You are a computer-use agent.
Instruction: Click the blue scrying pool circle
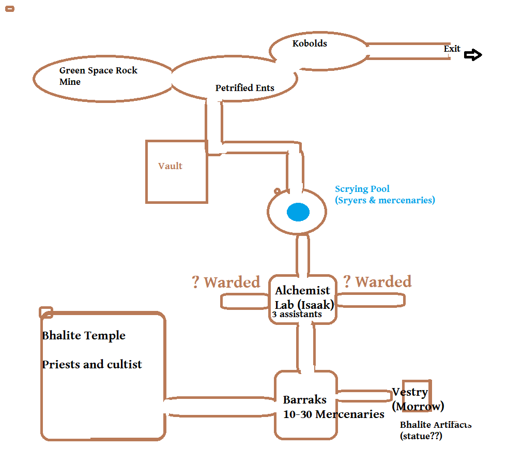click(298, 212)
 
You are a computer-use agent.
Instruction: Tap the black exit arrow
click(472, 55)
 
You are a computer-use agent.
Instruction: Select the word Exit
click(452, 49)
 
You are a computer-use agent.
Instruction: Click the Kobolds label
click(310, 43)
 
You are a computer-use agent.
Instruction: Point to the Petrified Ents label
click(244, 88)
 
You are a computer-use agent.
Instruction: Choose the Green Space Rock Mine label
click(98, 76)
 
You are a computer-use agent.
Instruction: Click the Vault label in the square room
click(170, 166)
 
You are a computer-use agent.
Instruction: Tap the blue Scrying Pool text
click(384, 195)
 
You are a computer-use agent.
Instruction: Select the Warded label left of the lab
click(226, 282)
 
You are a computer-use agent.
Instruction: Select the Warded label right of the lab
click(377, 281)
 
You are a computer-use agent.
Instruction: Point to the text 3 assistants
click(297, 314)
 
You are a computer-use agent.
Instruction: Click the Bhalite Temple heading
click(84, 335)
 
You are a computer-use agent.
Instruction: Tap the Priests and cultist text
click(92, 364)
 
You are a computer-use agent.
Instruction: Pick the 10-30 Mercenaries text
click(333, 414)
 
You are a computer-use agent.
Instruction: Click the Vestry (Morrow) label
click(418, 399)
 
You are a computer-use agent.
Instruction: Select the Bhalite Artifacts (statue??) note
click(435, 430)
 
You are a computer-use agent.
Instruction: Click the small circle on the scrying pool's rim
click(278, 191)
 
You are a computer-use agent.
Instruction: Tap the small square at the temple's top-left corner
click(46, 312)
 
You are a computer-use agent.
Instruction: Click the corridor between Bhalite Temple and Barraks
click(219, 407)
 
